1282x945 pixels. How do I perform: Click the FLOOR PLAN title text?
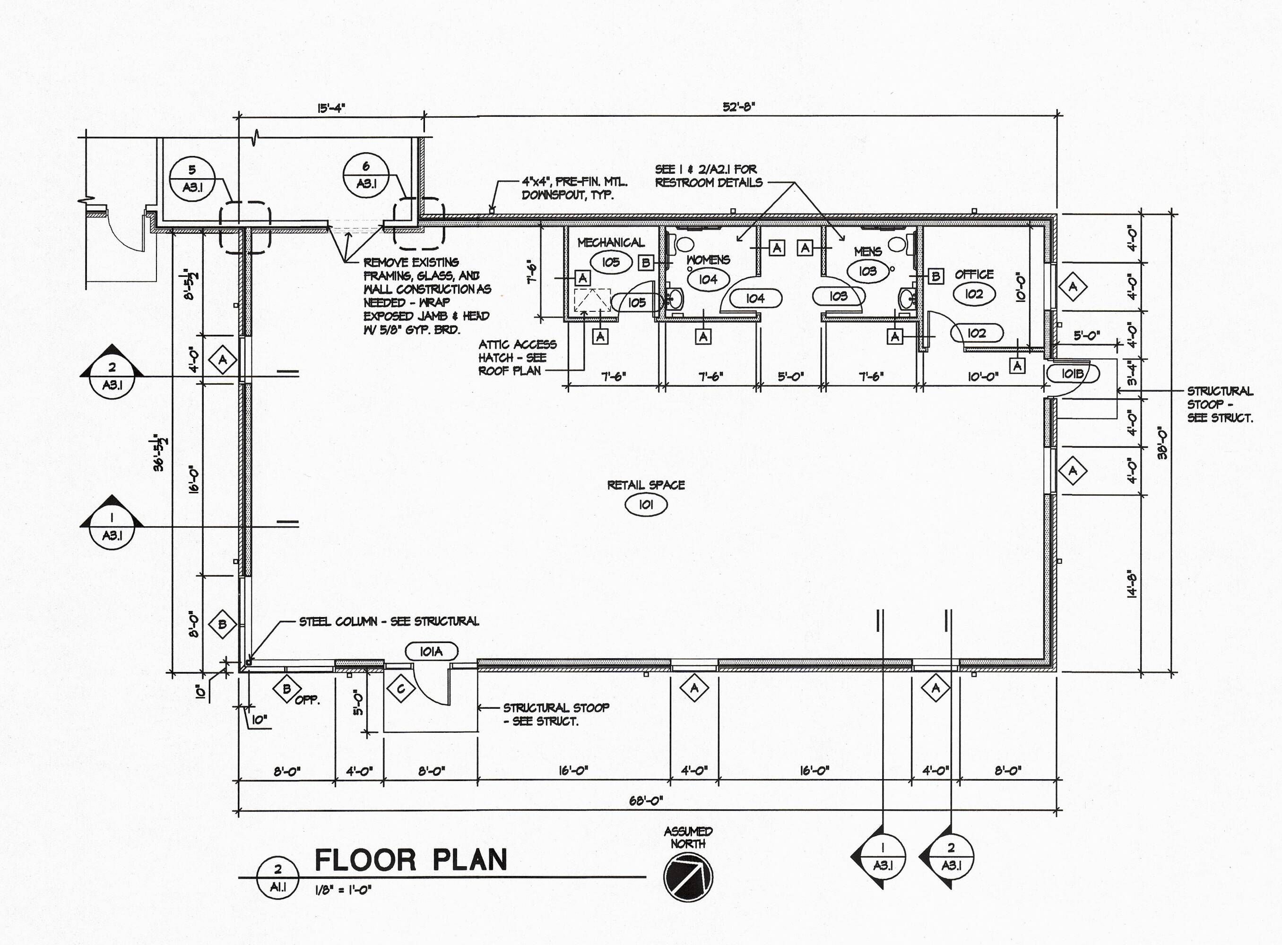411,860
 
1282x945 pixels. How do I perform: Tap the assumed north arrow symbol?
688,877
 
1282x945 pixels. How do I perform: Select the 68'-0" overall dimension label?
646,800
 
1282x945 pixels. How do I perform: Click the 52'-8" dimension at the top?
739,107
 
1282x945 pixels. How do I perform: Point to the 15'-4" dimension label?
331,108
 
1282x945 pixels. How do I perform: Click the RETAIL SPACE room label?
646,485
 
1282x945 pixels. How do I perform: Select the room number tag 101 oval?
646,505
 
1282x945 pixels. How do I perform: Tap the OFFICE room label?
974,275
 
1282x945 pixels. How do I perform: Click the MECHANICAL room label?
611,242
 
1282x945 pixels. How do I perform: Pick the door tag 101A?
432,652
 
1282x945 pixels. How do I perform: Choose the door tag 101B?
1073,374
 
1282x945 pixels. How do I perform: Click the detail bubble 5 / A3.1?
192,179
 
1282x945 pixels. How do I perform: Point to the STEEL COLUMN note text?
389,621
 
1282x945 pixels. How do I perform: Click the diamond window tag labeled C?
401,689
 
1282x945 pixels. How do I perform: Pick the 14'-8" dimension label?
1131,585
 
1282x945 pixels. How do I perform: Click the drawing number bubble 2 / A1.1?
277,878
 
